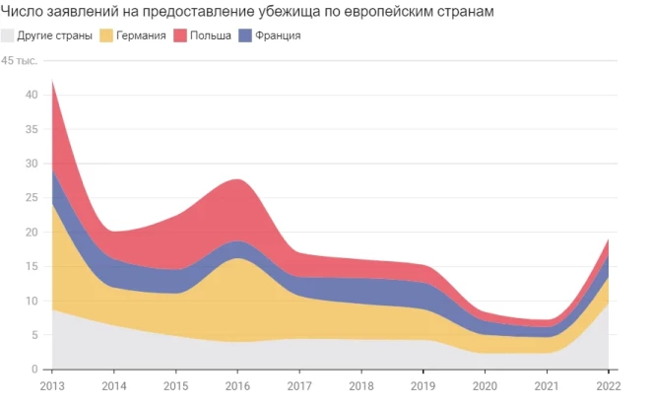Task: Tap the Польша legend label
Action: pos(211,36)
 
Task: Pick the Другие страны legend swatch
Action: pos(9,36)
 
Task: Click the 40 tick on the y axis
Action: pos(32,95)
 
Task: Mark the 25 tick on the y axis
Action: pos(32,198)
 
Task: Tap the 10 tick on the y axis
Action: pos(32,301)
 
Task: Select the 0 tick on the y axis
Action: pos(34,370)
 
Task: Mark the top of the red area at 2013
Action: pos(52,81)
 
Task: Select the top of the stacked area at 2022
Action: pos(608,239)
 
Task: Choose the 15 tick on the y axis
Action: pos(32,267)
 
